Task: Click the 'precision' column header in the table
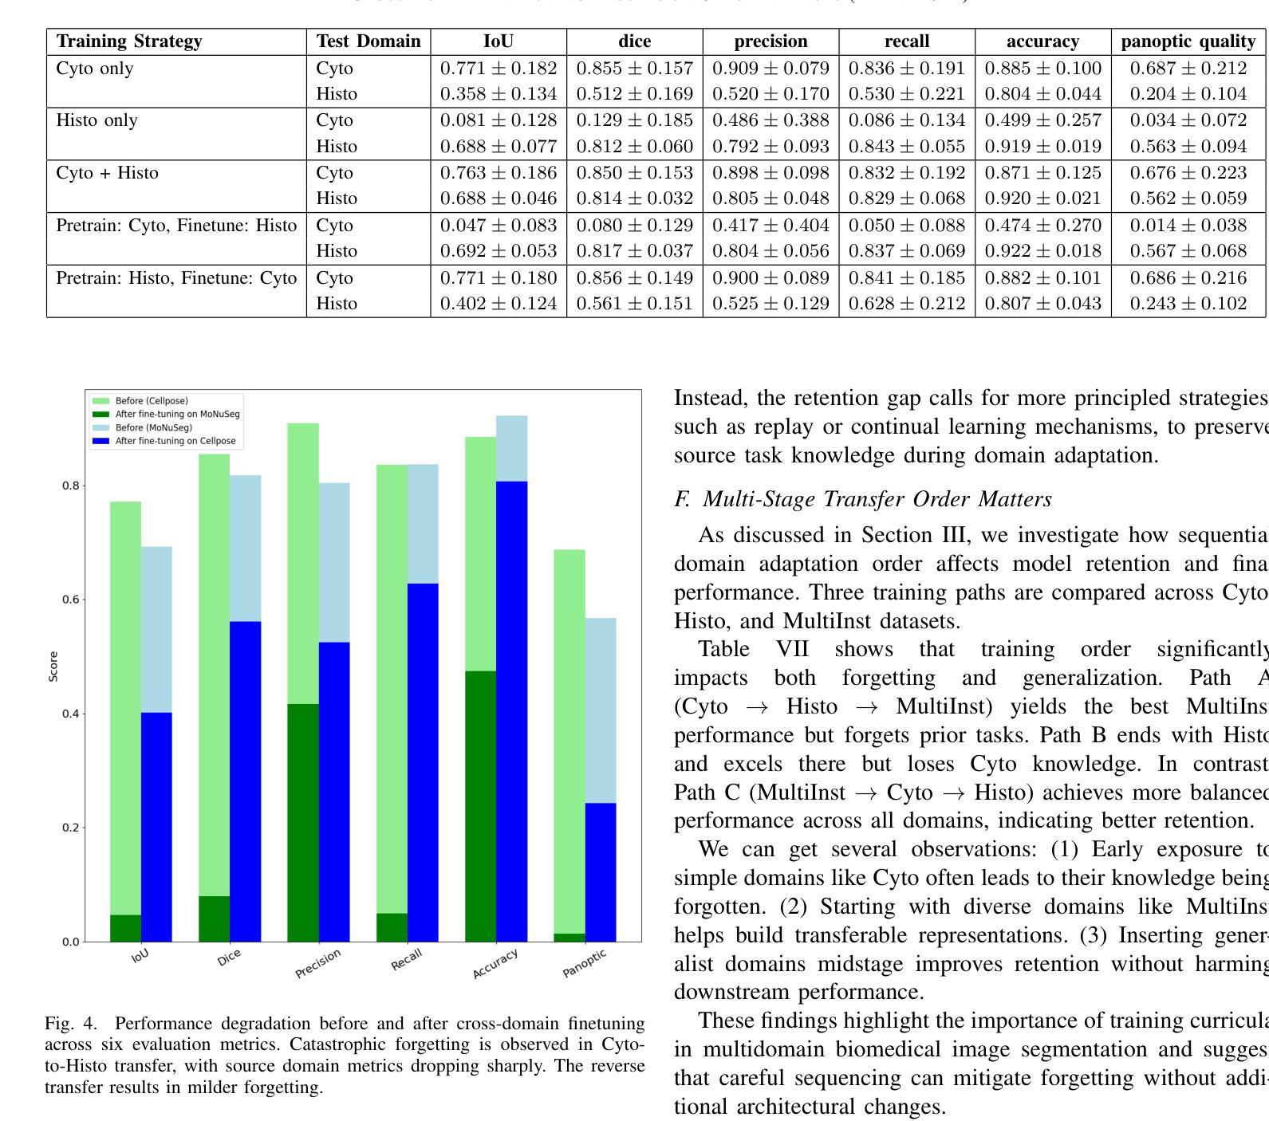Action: (x=770, y=41)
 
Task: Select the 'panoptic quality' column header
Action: (x=1188, y=41)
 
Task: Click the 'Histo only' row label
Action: (x=97, y=120)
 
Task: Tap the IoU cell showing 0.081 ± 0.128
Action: (x=499, y=120)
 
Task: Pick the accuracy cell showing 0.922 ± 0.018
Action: (x=1042, y=251)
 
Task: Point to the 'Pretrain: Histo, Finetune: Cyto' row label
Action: (x=176, y=278)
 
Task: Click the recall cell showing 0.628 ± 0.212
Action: (x=906, y=304)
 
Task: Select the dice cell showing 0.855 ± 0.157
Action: (x=634, y=69)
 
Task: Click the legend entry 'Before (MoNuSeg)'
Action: (x=153, y=427)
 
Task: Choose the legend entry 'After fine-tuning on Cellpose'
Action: (x=175, y=441)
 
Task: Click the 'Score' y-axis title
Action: (x=53, y=667)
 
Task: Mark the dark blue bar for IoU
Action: (x=156, y=827)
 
